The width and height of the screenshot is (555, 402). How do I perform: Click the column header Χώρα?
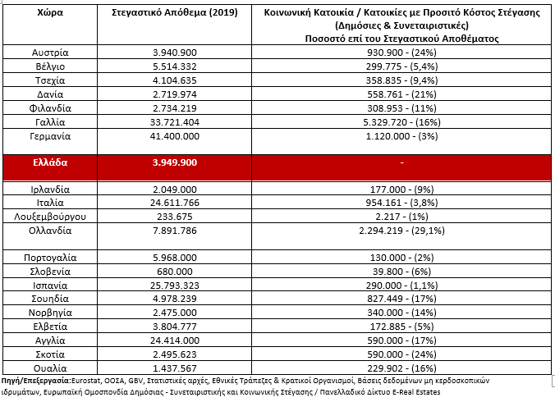pyautogui.click(x=50, y=13)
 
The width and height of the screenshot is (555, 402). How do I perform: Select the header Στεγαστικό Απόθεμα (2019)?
pyautogui.click(x=175, y=13)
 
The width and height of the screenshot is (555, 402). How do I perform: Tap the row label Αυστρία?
pyautogui.click(x=50, y=53)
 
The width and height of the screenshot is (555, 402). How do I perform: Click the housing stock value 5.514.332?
pyautogui.click(x=175, y=66)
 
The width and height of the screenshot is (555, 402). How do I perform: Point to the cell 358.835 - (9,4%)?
pyautogui.click(x=401, y=80)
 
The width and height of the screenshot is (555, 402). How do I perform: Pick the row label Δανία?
pyautogui.click(x=50, y=94)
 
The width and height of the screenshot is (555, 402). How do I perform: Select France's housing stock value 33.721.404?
pyautogui.click(x=175, y=122)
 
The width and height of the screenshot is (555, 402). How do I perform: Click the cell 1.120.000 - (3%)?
pyautogui.click(x=401, y=136)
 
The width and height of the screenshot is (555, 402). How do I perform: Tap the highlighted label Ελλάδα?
pyautogui.click(x=50, y=162)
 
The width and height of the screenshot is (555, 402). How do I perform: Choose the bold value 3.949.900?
pyautogui.click(x=175, y=162)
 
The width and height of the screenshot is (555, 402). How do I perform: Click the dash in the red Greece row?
pyautogui.click(x=401, y=162)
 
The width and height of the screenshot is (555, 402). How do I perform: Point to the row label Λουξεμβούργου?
pyautogui.click(x=50, y=217)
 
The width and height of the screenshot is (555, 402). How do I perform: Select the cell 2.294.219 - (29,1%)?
pyautogui.click(x=401, y=231)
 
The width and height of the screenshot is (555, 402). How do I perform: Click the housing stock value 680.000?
pyautogui.click(x=175, y=272)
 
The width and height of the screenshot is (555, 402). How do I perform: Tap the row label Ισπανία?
pyautogui.click(x=50, y=286)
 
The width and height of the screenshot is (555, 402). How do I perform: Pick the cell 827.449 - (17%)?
pyautogui.click(x=401, y=299)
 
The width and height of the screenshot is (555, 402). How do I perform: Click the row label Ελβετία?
pyautogui.click(x=50, y=327)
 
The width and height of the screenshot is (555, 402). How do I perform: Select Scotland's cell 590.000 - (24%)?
pyautogui.click(x=401, y=354)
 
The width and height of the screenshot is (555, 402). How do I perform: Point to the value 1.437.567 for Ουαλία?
pyautogui.click(x=175, y=368)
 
